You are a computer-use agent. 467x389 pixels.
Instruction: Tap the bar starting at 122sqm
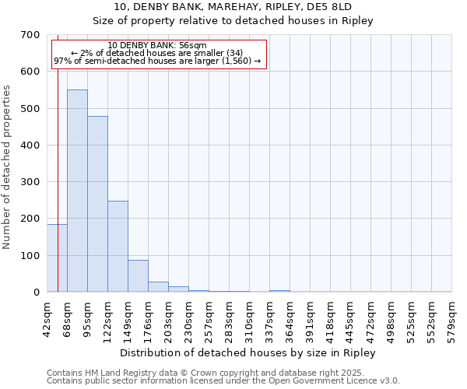pyautogui.click(x=118, y=246)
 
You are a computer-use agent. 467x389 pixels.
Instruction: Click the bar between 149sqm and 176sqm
pyautogui.click(x=138, y=275)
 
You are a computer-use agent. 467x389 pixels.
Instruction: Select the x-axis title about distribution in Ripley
pyautogui.click(x=248, y=352)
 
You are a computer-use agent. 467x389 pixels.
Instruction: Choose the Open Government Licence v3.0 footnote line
pyautogui.click(x=223, y=381)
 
